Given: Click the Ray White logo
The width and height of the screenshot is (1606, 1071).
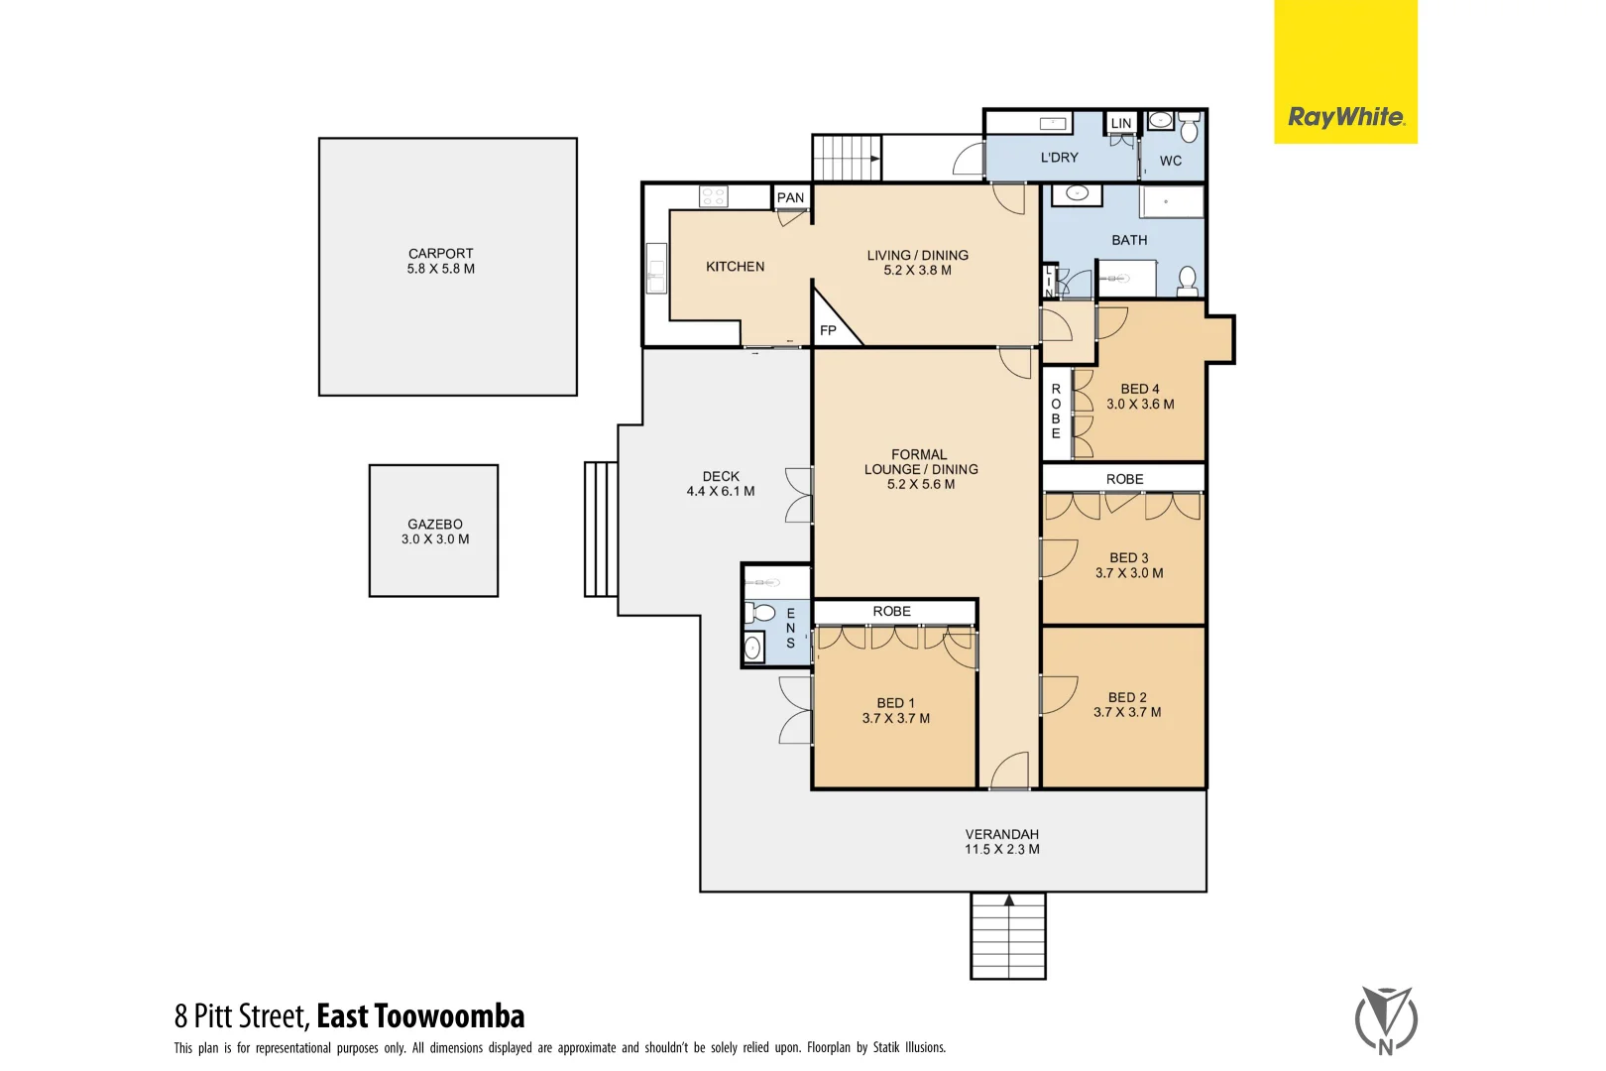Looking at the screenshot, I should point(1345,117).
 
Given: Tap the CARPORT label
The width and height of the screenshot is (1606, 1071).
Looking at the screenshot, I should point(441,254).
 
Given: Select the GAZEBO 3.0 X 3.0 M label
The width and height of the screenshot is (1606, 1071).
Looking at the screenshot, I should point(435,532).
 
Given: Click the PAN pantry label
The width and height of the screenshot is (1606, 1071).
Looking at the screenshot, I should point(790,197).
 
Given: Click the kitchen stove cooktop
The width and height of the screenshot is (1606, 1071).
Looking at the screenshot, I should point(713,196).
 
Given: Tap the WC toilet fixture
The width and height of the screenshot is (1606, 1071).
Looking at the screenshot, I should point(1190,129).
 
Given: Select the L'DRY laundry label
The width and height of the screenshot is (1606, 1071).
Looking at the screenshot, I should point(1059,158).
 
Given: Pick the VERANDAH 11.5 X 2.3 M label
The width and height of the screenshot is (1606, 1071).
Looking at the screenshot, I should point(1002,842).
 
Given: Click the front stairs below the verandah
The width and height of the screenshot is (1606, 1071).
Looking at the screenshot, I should point(1008,936).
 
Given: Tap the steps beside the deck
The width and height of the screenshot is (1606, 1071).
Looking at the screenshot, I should point(601,530).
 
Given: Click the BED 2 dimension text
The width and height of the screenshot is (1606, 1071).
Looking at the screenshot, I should point(1127,712).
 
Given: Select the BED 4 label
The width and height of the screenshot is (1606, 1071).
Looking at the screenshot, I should point(1140,389).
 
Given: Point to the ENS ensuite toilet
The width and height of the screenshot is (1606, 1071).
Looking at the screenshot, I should point(762,613).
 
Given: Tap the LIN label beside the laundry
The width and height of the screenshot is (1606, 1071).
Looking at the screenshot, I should point(1120,124).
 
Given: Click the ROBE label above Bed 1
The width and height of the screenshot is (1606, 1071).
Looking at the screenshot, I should point(891,612).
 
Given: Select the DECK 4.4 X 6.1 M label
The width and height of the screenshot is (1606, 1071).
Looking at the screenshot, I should point(721,484).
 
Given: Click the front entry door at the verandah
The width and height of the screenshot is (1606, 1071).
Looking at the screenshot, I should point(1010,771).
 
